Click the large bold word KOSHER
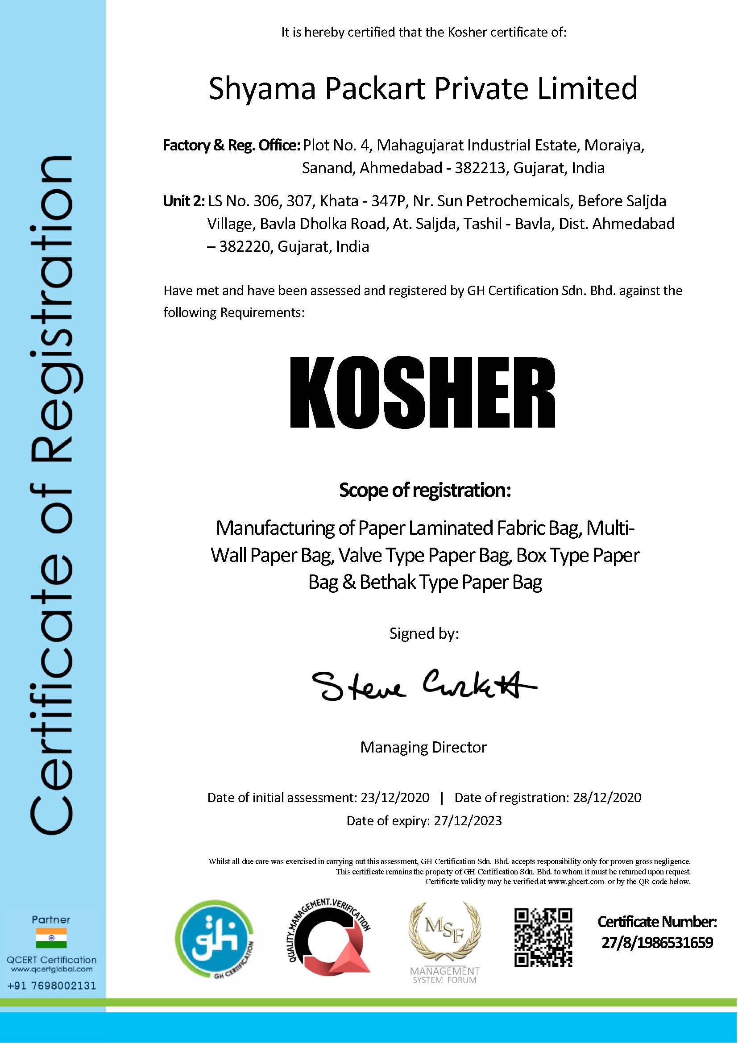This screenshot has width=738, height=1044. (x=423, y=393)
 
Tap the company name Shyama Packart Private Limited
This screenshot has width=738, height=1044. (x=423, y=88)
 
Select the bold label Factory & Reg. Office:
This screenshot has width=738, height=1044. (x=231, y=146)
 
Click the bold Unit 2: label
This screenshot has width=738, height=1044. (x=183, y=201)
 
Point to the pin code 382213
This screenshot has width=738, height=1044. (x=480, y=168)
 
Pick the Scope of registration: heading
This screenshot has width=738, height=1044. (x=425, y=490)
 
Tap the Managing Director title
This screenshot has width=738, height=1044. (x=423, y=747)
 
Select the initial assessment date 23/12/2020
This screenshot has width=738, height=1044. (x=394, y=797)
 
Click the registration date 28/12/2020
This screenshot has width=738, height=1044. (x=607, y=797)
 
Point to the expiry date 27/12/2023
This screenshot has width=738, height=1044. (x=468, y=820)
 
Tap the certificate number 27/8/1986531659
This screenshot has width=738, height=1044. (x=657, y=943)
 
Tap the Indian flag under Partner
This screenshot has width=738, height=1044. (x=51, y=938)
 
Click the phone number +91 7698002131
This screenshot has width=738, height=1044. (x=51, y=986)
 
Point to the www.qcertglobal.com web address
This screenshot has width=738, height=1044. (x=51, y=969)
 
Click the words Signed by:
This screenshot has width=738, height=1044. (x=424, y=633)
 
